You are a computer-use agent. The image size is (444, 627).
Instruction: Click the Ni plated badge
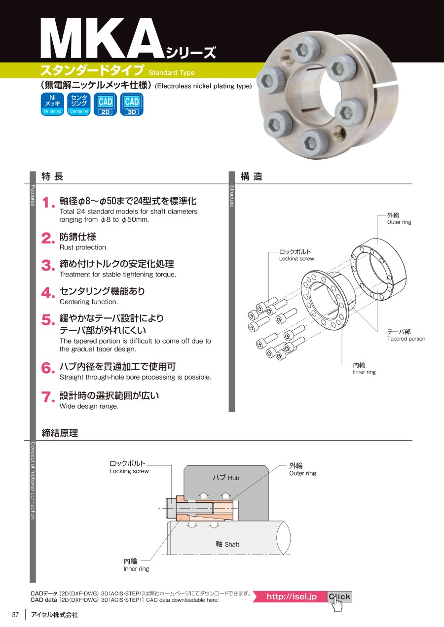click(x=52, y=104)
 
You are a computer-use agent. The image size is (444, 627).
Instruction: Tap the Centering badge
click(x=79, y=104)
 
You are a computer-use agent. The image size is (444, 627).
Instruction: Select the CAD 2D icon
click(x=106, y=104)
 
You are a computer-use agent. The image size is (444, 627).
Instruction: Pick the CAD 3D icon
click(x=132, y=104)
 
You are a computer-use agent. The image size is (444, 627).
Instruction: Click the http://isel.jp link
click(x=292, y=596)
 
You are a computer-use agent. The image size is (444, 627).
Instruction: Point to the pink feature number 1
click(x=48, y=203)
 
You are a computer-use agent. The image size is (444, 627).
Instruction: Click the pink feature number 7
click(x=48, y=397)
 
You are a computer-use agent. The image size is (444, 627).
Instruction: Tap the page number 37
click(x=15, y=614)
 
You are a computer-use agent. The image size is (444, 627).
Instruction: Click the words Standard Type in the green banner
click(x=172, y=73)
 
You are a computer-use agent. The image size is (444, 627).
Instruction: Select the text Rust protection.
click(x=83, y=247)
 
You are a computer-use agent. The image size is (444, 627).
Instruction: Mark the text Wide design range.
click(x=89, y=406)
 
